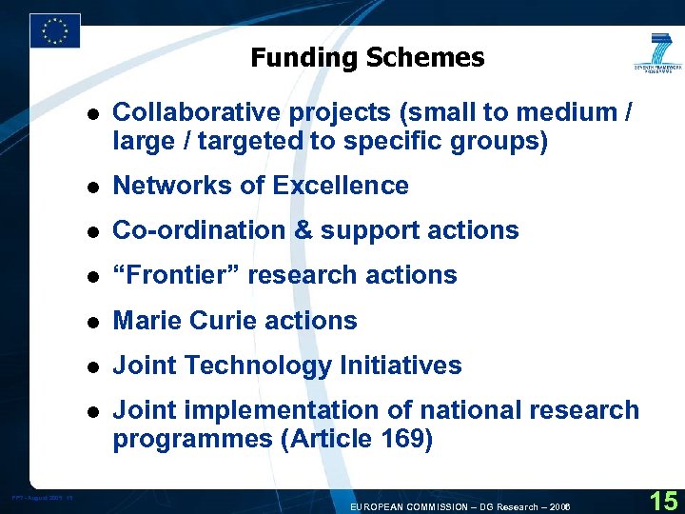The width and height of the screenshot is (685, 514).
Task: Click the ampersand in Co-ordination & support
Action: pyautogui.click(x=301, y=230)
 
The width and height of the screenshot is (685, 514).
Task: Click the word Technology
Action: pyautogui.click(x=253, y=366)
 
